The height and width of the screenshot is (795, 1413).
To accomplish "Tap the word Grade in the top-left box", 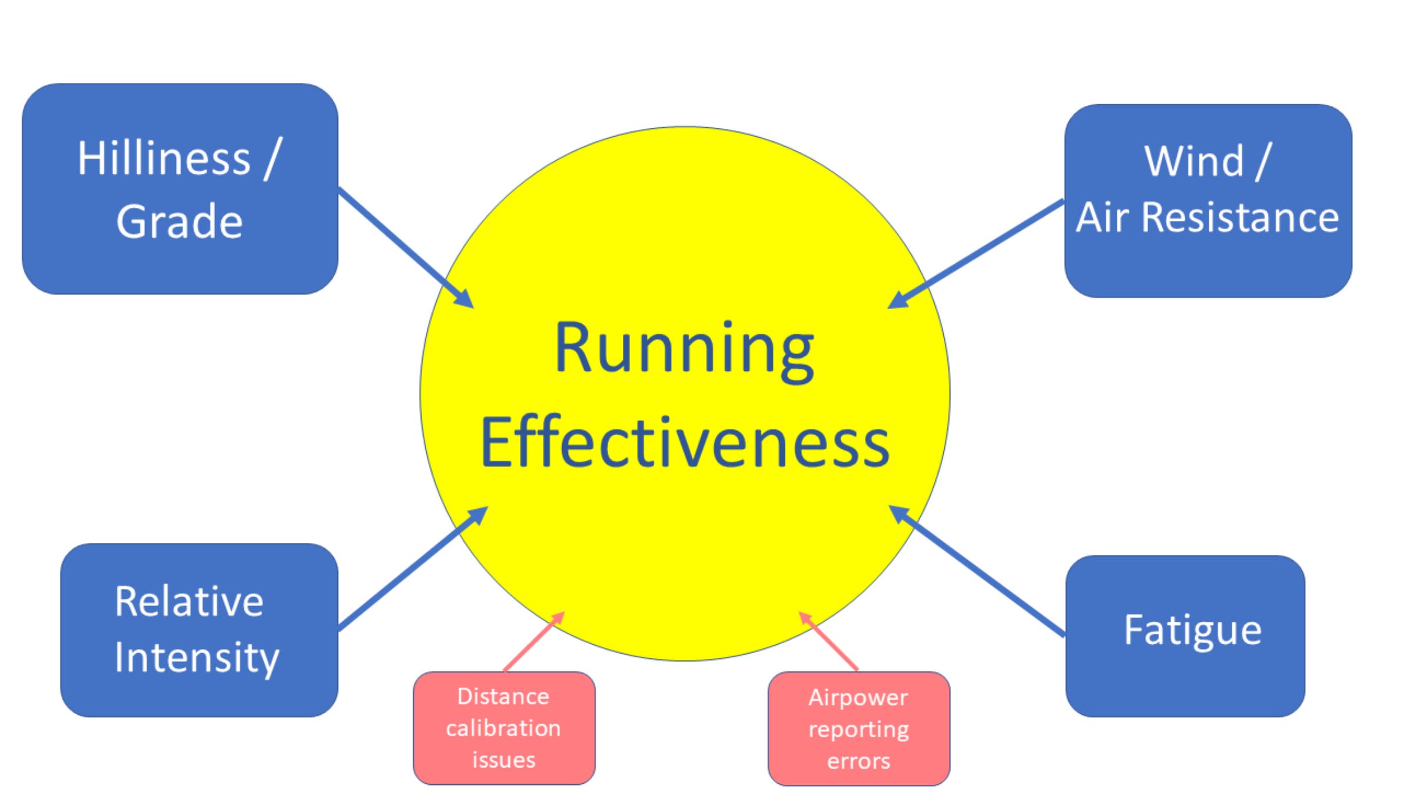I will pos(180,221).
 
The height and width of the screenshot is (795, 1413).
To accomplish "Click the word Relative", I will pos(189,602).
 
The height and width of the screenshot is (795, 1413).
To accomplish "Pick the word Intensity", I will pos(197,658).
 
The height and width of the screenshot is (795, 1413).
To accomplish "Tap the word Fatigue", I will pos(1193,631).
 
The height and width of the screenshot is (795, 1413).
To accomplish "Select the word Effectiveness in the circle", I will pos(685,443).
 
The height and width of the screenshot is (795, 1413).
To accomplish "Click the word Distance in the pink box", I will pos(503,697).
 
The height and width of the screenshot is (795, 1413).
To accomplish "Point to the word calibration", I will pos(503,728).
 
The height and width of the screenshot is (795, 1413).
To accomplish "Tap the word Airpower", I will pos(858,698).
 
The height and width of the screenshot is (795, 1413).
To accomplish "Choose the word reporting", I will pos(858,730).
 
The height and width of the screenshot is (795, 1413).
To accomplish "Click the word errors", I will pos(858,761).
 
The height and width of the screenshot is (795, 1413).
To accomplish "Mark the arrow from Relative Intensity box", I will pos(412,569).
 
